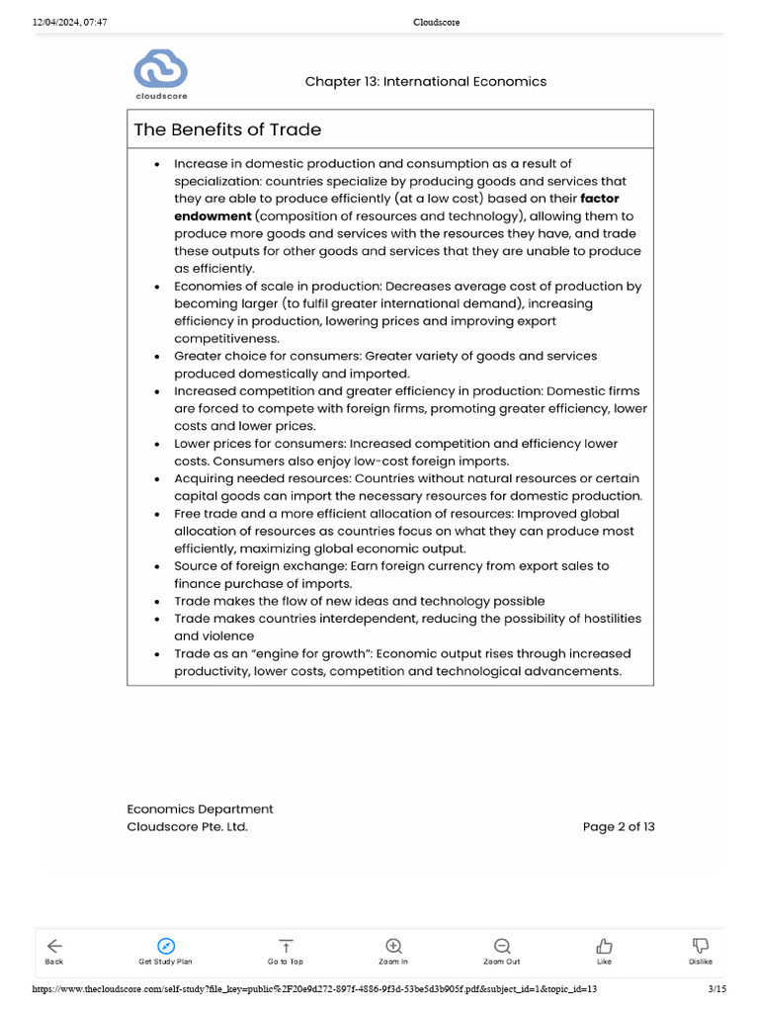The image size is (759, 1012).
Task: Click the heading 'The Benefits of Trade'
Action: pos(227,129)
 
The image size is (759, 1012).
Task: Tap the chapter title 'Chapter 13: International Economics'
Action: pos(425,82)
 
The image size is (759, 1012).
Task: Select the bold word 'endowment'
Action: pos(211,216)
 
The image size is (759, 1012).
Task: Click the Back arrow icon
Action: pos(54,946)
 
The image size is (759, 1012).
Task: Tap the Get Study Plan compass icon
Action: pos(165,946)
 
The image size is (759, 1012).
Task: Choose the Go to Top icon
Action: pos(286,946)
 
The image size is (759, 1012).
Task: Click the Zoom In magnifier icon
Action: pos(393,946)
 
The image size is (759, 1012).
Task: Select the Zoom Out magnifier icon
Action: pos(502,946)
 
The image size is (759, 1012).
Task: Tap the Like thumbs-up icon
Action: pos(604,946)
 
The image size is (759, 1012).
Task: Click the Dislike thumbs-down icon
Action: pos(701,946)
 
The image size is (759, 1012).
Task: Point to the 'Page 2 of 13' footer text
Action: pos(619,827)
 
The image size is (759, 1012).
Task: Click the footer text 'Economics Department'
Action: pos(201,809)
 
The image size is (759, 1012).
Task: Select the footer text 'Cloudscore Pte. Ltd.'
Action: pos(188,827)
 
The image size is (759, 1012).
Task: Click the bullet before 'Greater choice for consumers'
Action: pos(157,357)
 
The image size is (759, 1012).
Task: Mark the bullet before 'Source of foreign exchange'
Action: pos(157,567)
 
